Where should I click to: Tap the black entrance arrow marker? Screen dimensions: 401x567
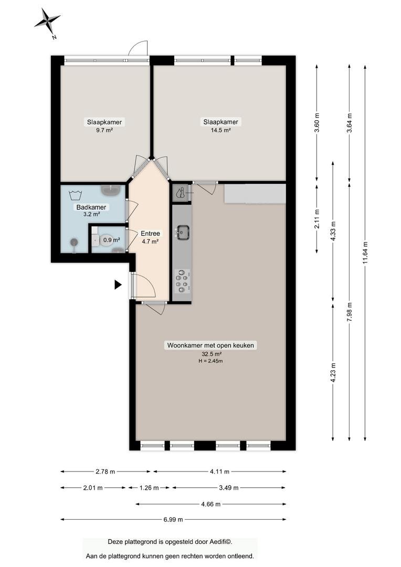click(x=118, y=285)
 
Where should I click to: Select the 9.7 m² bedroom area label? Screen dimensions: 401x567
click(x=104, y=130)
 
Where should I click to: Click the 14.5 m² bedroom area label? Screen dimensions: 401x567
click(x=220, y=130)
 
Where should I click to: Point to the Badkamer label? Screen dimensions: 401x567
click(x=91, y=207)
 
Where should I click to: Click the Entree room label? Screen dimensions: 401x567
click(x=151, y=234)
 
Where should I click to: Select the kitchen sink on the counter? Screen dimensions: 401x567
click(x=183, y=232)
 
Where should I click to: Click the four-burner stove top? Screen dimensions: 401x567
click(x=183, y=281)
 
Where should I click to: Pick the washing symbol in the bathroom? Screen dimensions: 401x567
click(x=75, y=195)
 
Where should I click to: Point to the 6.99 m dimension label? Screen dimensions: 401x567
click(x=173, y=520)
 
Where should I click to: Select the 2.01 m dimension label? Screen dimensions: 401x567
click(x=93, y=488)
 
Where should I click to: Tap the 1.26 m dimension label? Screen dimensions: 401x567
click(x=149, y=488)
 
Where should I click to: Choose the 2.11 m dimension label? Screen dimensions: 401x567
click(x=316, y=219)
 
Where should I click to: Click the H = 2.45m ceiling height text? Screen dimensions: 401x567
click(x=210, y=361)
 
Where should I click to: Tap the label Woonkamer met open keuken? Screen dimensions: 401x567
click(x=210, y=345)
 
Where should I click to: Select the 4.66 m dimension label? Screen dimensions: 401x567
click(x=211, y=504)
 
